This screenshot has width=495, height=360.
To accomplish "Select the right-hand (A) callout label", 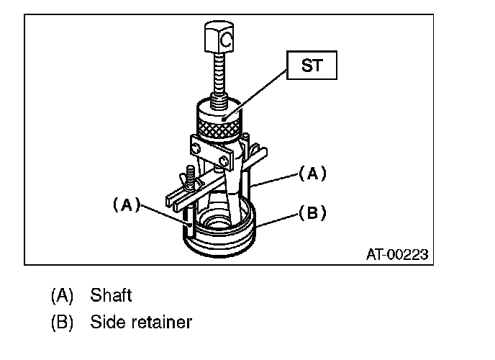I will point(312,173).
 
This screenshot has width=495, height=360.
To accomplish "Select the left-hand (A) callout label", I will point(127,204).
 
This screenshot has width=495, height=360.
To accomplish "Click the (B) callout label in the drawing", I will point(312,212).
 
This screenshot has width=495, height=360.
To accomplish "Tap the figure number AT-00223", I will point(396,253).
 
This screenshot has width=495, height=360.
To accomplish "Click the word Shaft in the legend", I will point(111,295).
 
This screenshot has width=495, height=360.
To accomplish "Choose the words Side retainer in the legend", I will point(141,322).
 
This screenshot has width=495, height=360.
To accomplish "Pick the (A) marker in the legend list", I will point(63,295).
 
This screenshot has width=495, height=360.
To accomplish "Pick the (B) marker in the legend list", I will point(63,322).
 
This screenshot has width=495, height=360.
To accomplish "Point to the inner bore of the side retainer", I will point(216,225).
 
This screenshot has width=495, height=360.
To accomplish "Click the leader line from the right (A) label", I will point(278,179).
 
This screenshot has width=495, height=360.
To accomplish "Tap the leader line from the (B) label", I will point(277,219).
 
